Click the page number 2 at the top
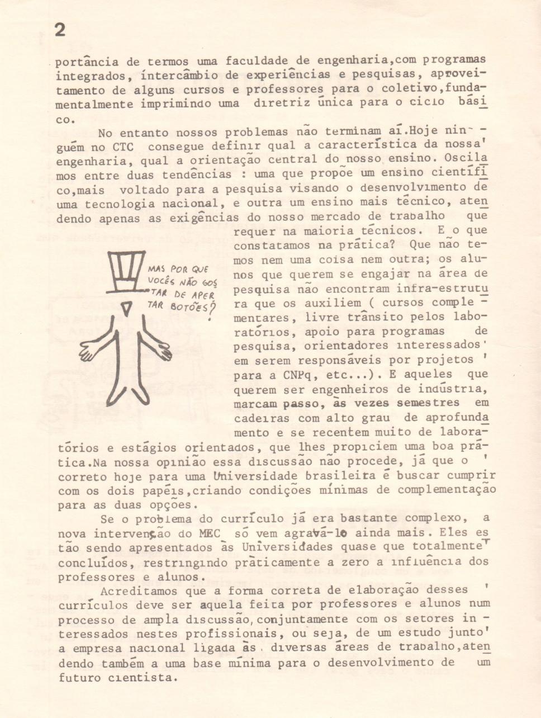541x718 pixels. (x=60, y=30)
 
